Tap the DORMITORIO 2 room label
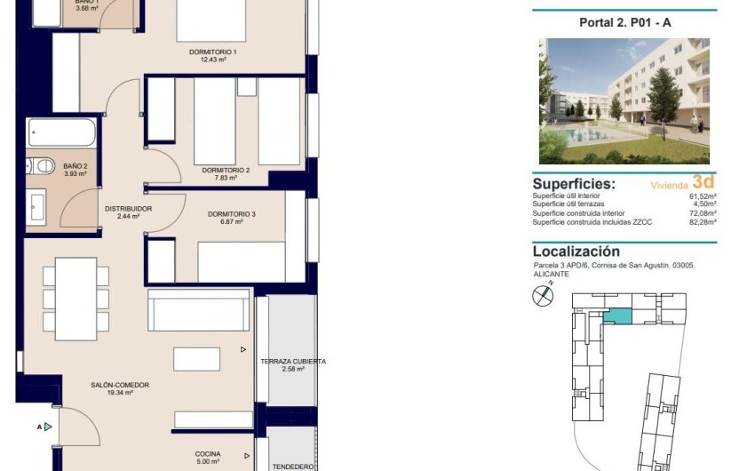click(219, 170)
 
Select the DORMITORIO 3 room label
click(232, 214)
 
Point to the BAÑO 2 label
click(75, 166)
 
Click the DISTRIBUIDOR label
click(129, 209)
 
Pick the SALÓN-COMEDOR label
click(119, 385)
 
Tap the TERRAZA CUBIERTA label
click(293, 362)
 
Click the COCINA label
click(208, 454)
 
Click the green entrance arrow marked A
click(48, 427)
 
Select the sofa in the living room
click(198, 310)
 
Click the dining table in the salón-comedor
click(75, 299)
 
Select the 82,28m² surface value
click(701, 222)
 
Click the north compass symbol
click(542, 298)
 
